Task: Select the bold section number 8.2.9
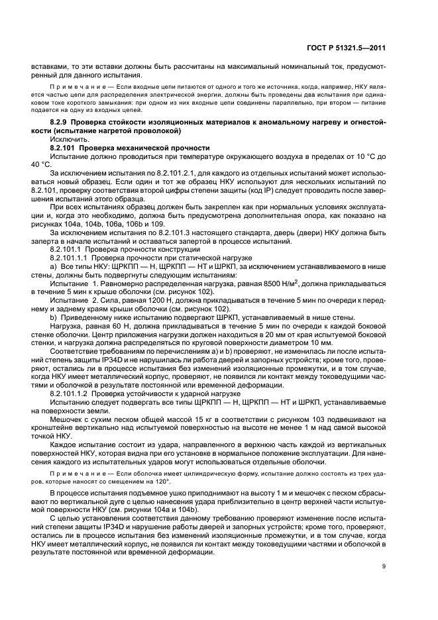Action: coord(62,123)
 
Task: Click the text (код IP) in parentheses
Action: coord(249,189)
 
